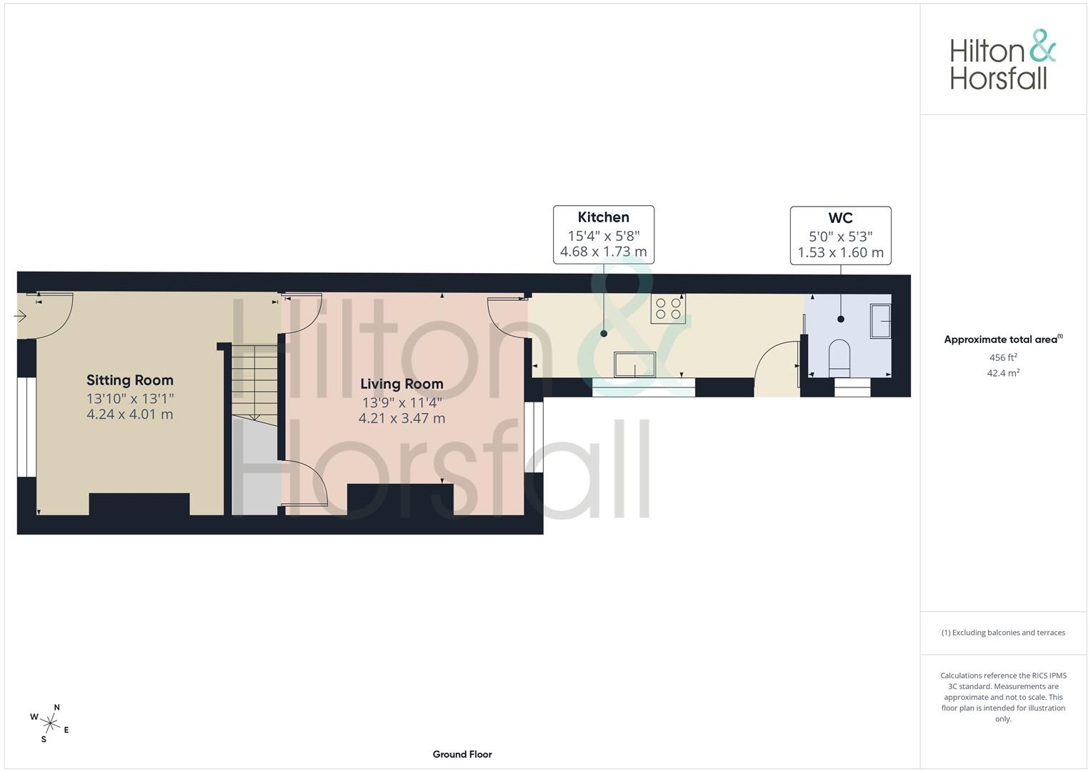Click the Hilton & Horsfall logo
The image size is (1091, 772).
pos(1002,60)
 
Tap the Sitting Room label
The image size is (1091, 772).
pos(130,380)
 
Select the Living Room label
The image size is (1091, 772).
pos(402,384)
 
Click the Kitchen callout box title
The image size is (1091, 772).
pos(604,217)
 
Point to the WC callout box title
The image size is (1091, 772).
pos(840,218)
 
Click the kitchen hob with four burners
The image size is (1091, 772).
pos(668,308)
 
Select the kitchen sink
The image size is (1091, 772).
pos(634,364)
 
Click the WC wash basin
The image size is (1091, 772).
pos(880,320)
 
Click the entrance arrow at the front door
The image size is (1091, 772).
pos(20,315)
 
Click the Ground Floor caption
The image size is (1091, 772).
pos(462,754)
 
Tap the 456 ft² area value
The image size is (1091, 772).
pos(1003,357)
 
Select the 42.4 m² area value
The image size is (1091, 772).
pos(1003,372)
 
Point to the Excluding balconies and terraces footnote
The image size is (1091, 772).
pos(1003,633)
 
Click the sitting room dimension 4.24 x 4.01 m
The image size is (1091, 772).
pos(130,415)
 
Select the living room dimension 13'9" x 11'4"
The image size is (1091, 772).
pos(402,402)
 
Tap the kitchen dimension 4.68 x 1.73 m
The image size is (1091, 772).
pos(604,252)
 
